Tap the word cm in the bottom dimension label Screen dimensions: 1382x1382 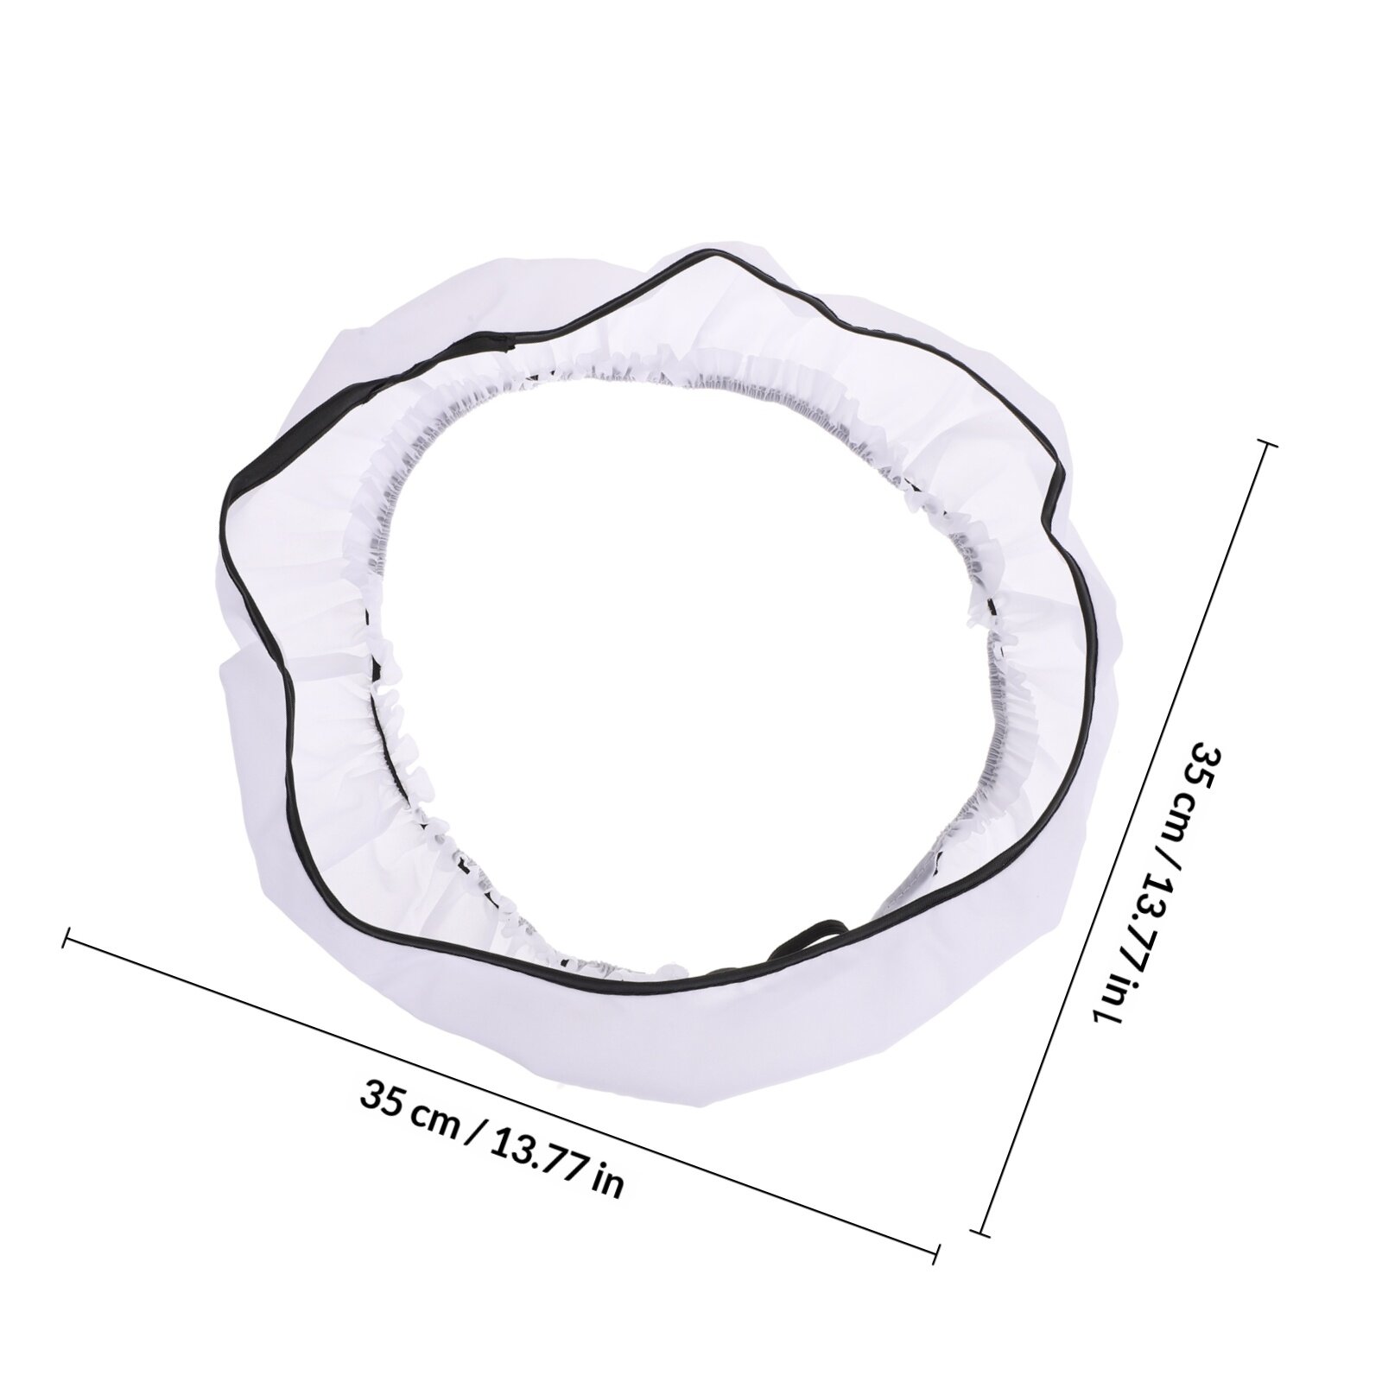click(x=434, y=1115)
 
